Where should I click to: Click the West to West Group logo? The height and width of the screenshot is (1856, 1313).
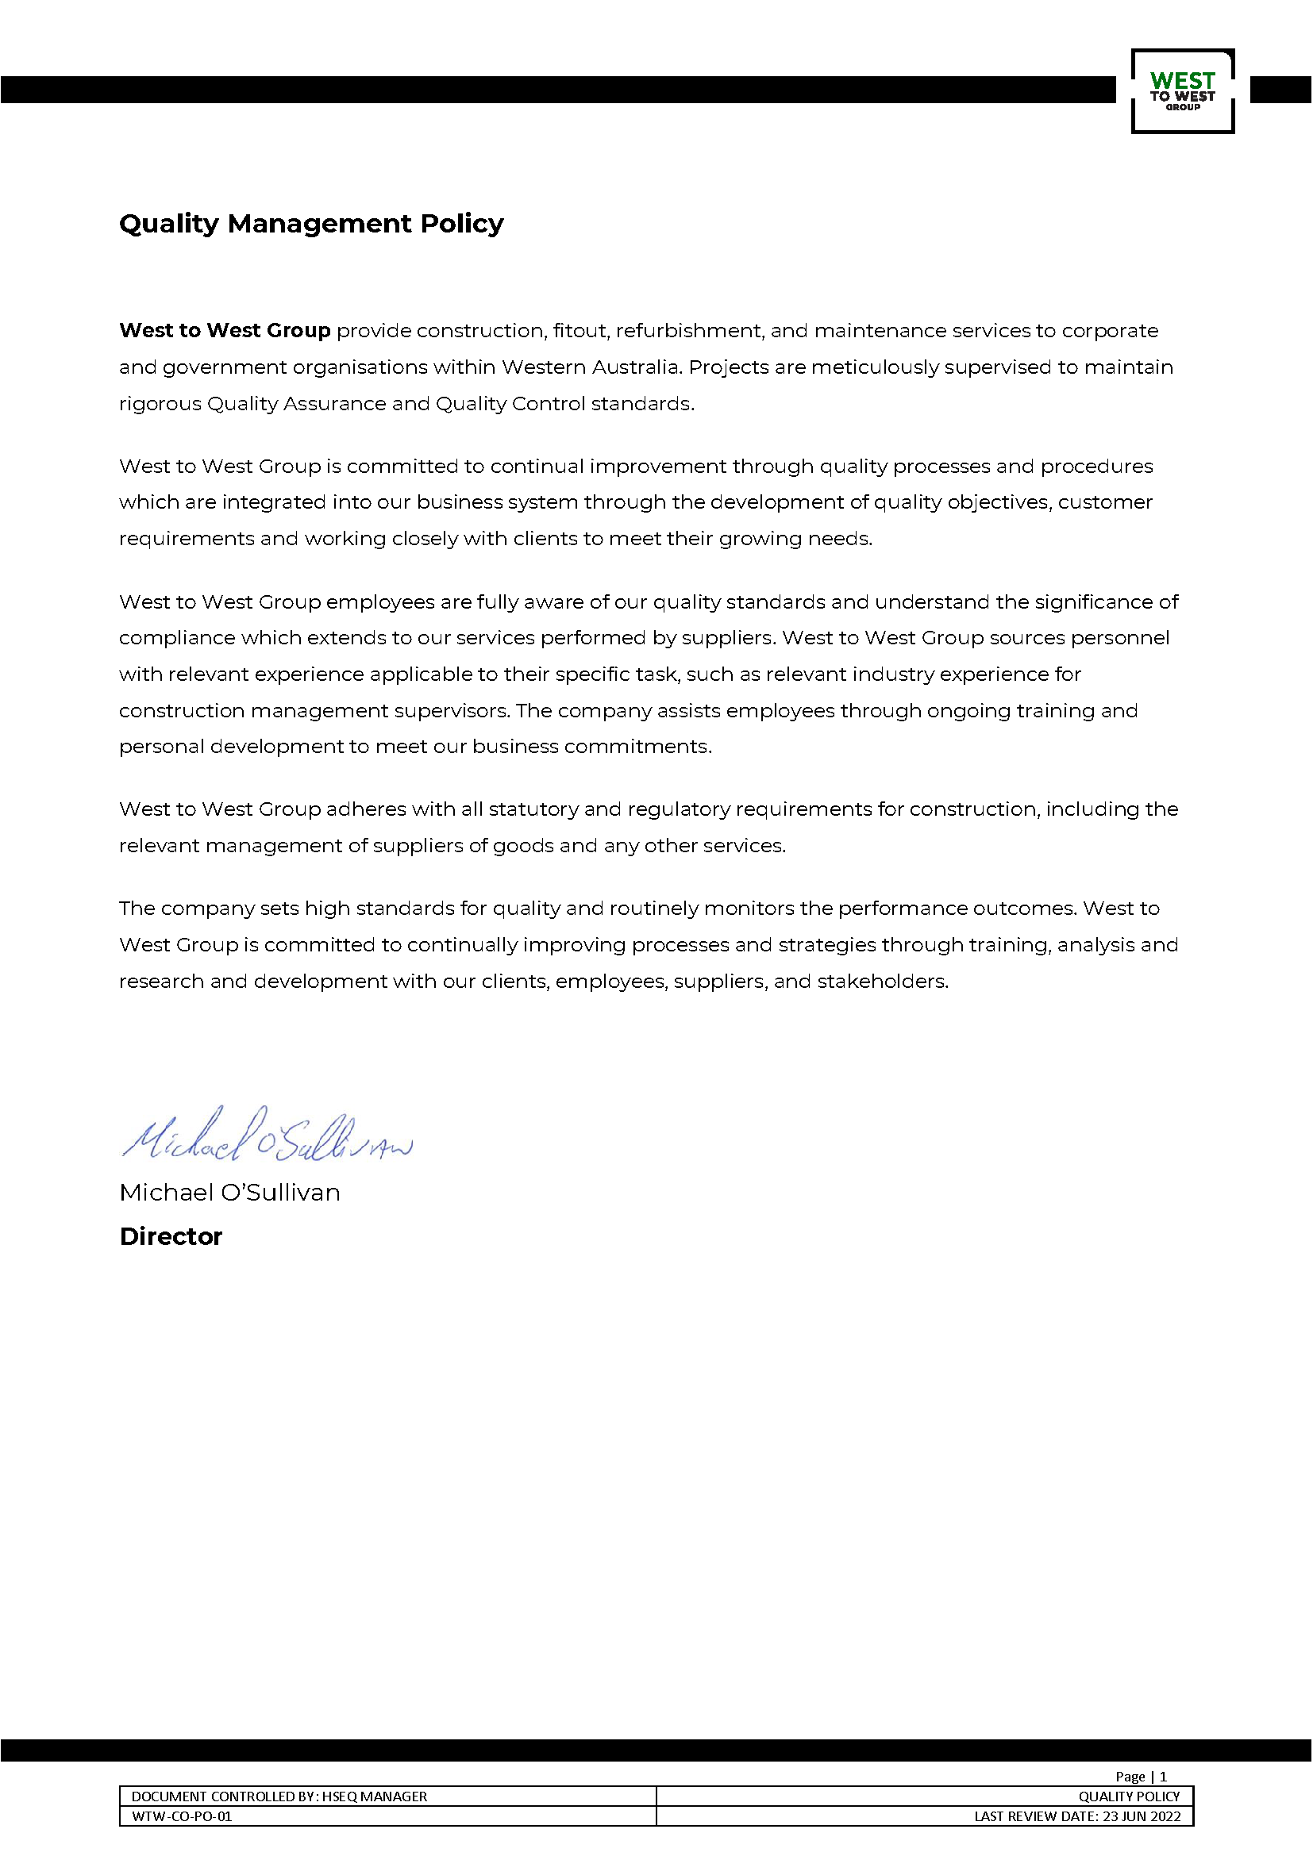click(1182, 91)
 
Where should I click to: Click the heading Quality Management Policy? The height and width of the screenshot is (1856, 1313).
click(311, 223)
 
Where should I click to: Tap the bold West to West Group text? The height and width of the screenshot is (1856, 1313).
click(225, 331)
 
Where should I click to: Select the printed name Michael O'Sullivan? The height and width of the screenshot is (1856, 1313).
click(229, 1193)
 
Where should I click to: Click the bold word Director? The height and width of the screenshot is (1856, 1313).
click(171, 1237)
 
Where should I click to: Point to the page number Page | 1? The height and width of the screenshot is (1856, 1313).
click(1141, 1776)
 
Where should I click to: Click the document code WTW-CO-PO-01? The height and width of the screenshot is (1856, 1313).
click(182, 1816)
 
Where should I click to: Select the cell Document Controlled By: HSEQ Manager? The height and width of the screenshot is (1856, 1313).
click(279, 1796)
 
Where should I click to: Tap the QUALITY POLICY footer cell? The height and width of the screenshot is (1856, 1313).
click(1129, 1796)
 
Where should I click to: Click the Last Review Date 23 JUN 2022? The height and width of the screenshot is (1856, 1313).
click(1077, 1816)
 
